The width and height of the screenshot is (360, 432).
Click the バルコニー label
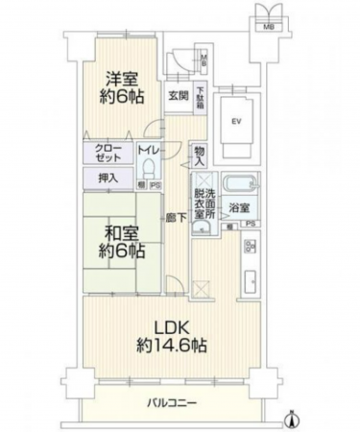coord(172,402)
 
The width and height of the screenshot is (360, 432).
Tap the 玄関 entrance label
coord(179,95)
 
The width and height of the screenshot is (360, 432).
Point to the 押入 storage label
coord(108,178)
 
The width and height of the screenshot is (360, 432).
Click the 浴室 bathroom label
coord(240,206)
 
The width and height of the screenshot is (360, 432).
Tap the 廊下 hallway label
coord(173,218)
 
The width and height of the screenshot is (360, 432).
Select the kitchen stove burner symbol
coord(251,248)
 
